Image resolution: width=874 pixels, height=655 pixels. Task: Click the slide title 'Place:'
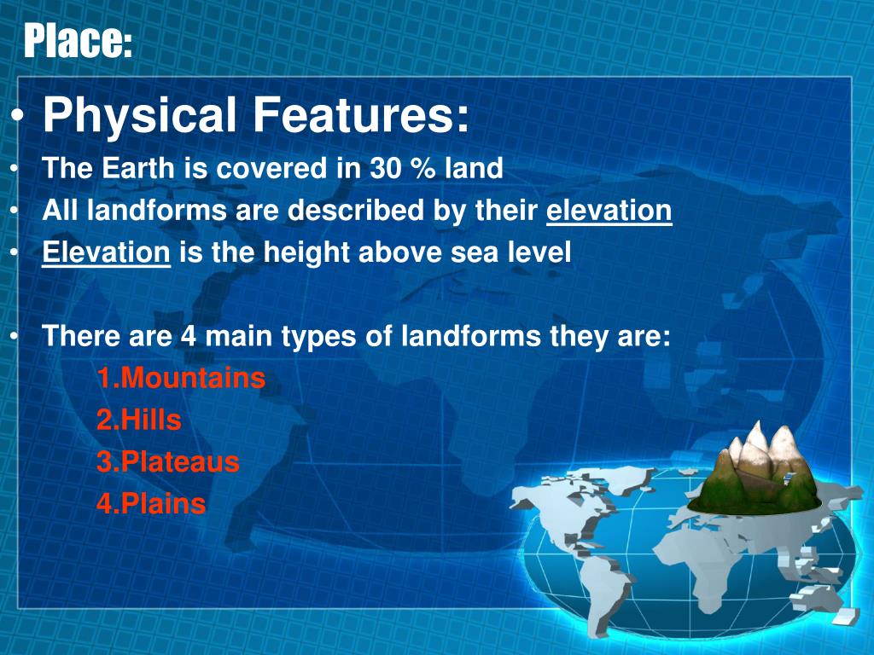[78, 40]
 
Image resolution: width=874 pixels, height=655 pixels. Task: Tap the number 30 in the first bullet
[385, 168]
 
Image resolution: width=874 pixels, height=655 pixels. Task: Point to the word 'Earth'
[138, 168]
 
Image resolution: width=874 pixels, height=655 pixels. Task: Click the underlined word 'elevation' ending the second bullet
[609, 211]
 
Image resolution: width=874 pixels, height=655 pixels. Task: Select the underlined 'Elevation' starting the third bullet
[106, 252]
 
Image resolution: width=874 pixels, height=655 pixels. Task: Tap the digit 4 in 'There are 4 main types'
[189, 336]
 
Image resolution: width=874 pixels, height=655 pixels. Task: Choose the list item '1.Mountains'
[181, 378]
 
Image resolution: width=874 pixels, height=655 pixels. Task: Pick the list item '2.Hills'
[139, 420]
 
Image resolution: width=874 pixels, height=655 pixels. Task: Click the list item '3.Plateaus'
[168, 461]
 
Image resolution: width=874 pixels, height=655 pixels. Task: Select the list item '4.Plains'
[151, 503]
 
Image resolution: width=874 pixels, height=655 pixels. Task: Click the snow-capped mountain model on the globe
[755, 470]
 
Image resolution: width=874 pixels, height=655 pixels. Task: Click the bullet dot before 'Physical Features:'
[19, 116]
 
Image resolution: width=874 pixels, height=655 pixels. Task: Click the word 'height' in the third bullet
[306, 253]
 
